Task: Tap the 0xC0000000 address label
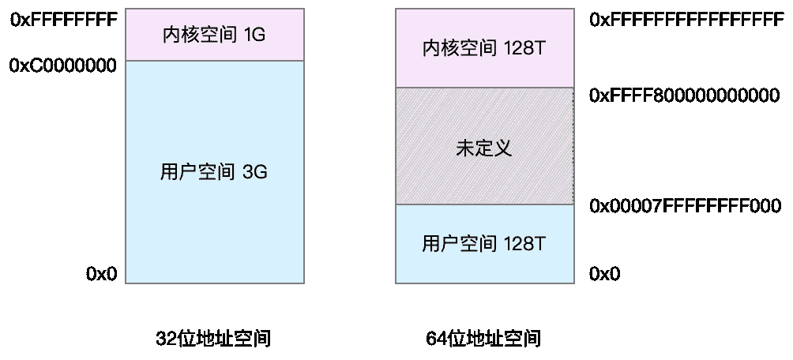63,66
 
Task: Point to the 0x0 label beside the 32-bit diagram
102,274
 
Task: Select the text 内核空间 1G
214,36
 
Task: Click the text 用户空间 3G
214,172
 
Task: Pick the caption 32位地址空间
214,339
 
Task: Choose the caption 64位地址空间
483,339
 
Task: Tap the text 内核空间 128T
483,49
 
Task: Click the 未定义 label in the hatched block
483,148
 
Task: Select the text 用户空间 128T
483,242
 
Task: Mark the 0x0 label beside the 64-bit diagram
605,274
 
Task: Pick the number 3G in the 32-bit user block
256,172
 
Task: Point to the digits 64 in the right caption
436,339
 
